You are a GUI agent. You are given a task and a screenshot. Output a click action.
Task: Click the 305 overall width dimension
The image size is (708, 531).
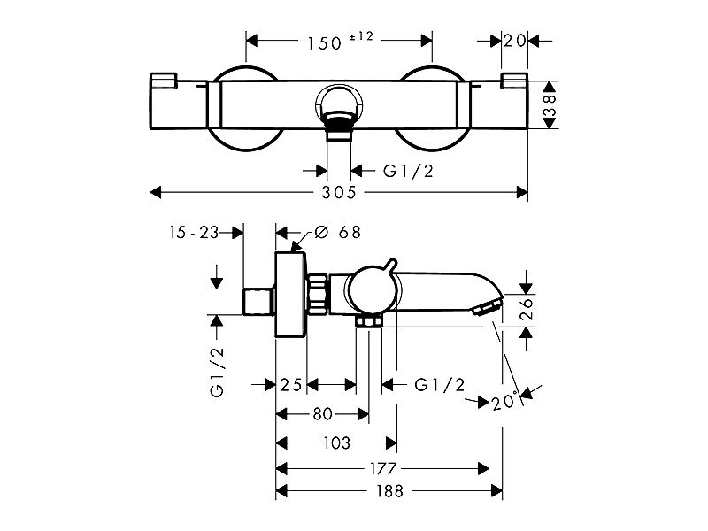(339, 192)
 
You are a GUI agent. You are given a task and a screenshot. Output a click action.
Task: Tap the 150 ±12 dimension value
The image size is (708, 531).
(341, 41)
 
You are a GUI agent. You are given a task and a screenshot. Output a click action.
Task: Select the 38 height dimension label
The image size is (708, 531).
(550, 104)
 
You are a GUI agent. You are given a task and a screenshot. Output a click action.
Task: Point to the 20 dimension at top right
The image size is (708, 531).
(515, 41)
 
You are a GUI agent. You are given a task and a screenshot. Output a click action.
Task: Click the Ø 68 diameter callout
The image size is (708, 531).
(338, 232)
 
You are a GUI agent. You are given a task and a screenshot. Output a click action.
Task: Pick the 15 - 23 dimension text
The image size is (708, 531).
(194, 233)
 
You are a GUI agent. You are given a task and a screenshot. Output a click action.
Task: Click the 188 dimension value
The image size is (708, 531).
(389, 491)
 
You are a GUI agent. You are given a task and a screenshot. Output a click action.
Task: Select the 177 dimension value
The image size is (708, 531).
(383, 469)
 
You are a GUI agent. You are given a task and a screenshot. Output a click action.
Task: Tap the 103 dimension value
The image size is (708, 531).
(337, 443)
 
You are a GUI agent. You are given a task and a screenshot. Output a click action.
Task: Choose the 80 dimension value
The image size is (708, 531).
(322, 413)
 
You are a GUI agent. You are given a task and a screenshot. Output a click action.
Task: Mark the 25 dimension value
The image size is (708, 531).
(291, 385)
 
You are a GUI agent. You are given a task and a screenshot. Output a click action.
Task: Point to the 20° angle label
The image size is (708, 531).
(505, 401)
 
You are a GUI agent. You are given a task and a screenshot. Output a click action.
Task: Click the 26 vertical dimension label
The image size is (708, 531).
(527, 308)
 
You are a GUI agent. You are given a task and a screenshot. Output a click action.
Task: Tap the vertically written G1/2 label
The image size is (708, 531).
(217, 372)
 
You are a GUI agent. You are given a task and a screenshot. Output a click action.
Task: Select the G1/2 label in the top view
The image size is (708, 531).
(408, 171)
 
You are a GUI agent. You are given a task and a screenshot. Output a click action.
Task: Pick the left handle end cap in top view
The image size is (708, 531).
(163, 81)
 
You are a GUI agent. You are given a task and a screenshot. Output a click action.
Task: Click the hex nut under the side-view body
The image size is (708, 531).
(368, 321)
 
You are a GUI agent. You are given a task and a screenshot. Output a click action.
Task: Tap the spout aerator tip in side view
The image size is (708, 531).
(487, 307)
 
